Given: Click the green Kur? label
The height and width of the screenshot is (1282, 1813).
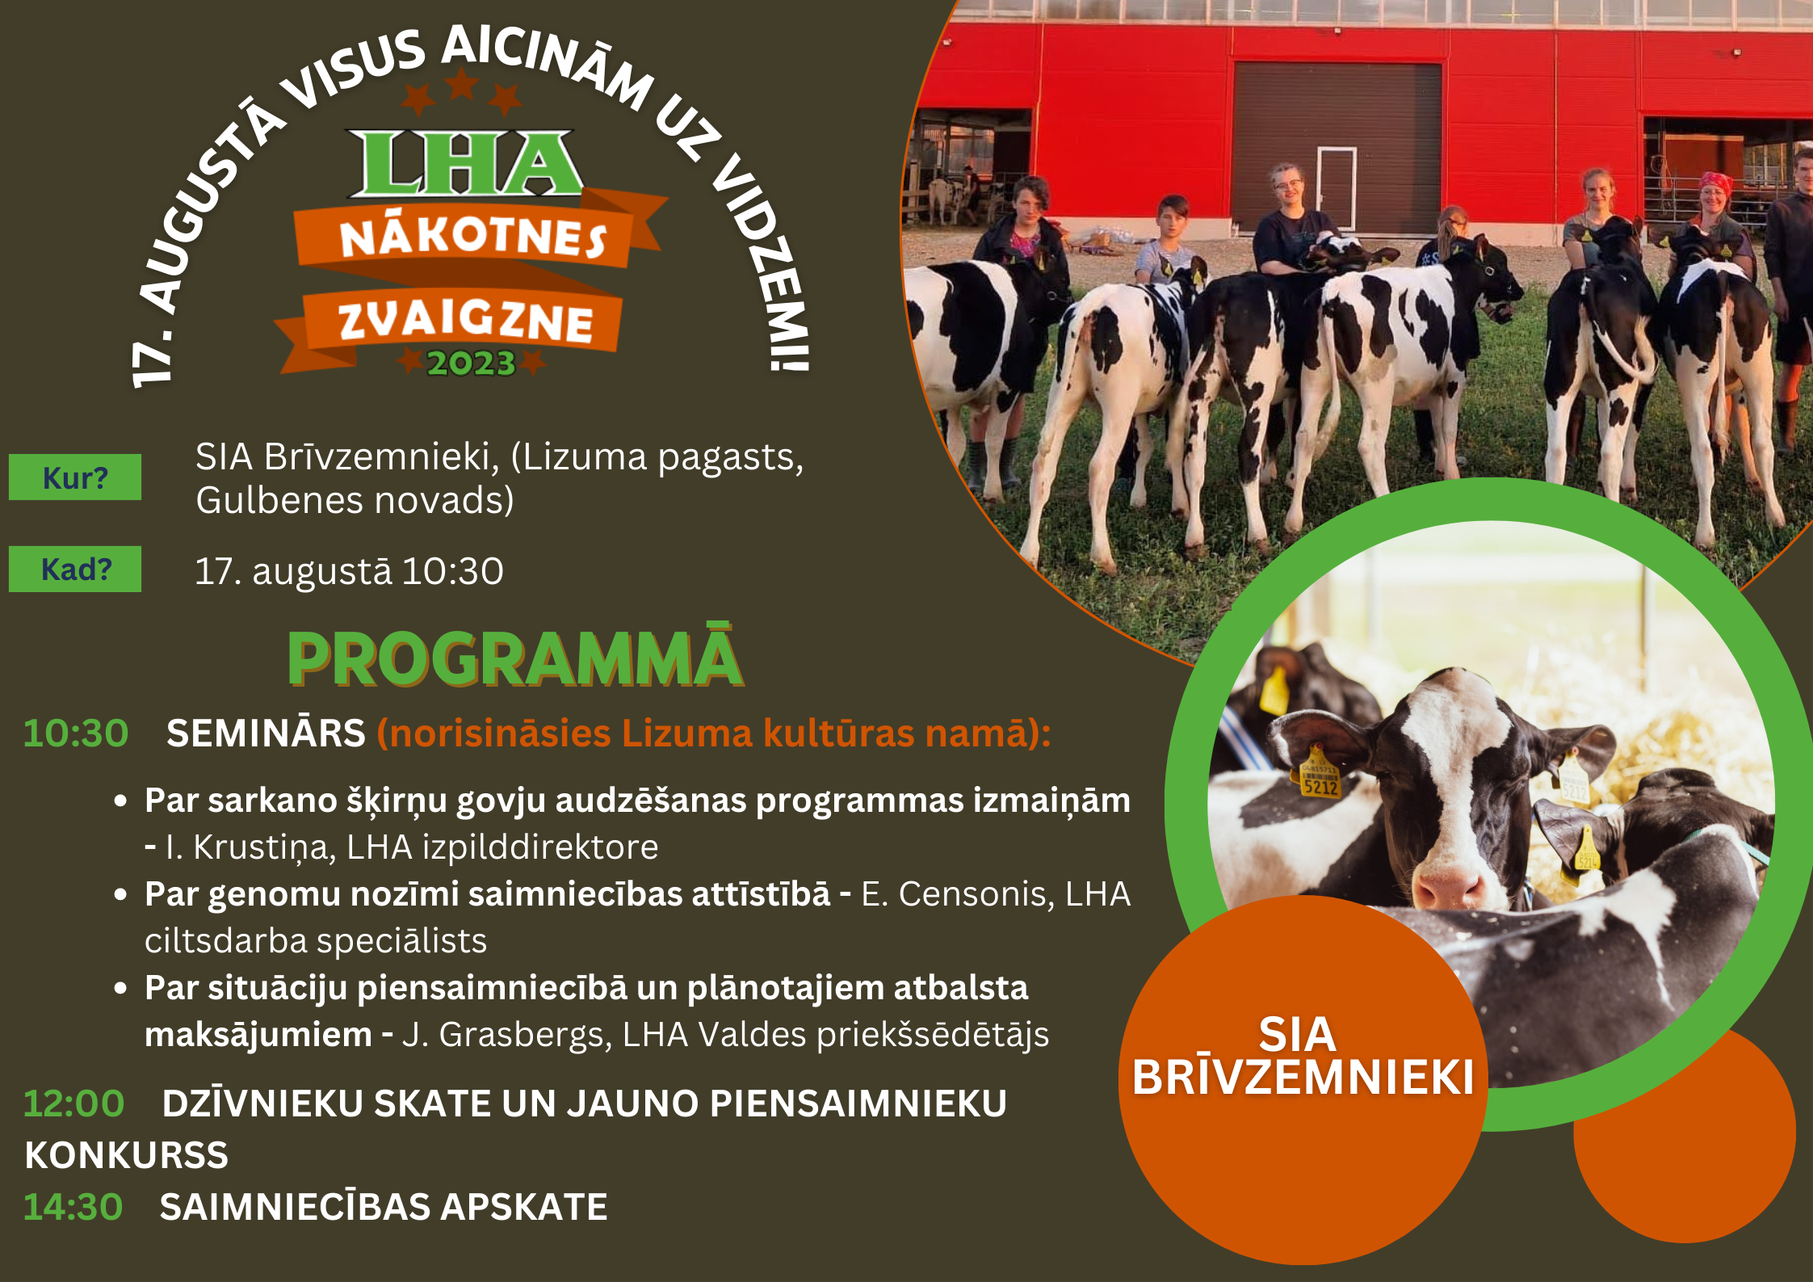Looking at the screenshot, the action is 75,477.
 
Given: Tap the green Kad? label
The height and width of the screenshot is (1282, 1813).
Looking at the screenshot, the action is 75,570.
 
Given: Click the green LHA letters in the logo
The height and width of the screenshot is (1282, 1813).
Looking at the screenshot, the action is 465,164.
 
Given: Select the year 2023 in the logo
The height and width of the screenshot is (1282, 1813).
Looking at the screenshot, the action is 471,364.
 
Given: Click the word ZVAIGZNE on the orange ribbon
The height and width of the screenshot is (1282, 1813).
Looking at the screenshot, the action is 465,321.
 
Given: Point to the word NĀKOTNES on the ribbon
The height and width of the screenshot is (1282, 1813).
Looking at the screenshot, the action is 472,237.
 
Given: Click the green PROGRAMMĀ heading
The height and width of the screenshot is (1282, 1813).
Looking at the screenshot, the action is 515,658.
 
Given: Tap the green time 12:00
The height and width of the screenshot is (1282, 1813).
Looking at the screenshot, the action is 73,1103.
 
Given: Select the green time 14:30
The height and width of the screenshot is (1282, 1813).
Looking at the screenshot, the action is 73,1207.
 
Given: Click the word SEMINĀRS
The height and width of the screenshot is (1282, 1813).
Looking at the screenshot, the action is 266,733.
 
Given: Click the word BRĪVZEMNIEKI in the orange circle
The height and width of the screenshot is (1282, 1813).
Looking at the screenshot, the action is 1303,1077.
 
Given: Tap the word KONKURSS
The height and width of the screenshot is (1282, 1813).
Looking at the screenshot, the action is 127,1155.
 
